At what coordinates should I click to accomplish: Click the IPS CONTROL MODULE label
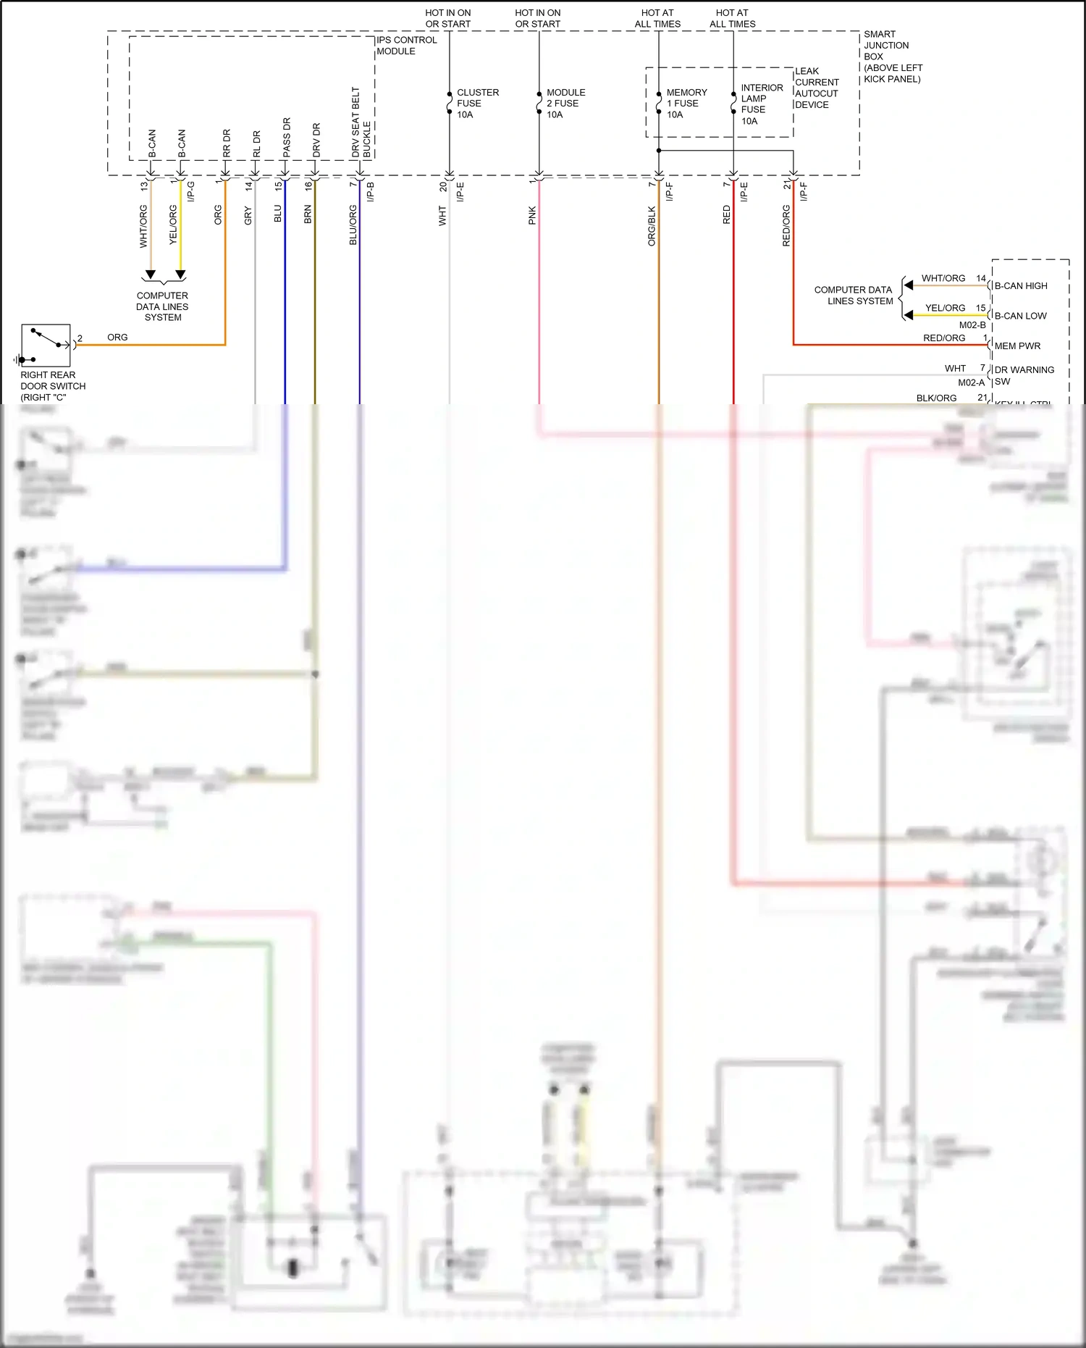coord(406,46)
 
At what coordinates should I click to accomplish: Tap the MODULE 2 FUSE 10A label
coord(565,104)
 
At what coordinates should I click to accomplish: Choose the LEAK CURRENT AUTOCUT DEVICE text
coord(816,88)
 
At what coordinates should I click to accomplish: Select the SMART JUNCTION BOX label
coord(892,56)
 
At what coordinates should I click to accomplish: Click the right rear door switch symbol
coord(46,346)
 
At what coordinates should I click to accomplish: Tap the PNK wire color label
coord(532,215)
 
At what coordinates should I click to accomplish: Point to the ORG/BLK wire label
coord(652,226)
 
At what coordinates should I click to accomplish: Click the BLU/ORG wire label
coord(353,225)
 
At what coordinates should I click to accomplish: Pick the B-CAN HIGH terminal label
coord(1020,286)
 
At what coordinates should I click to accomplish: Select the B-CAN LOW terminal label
coord(1020,316)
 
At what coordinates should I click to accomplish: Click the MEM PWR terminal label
coord(1016,346)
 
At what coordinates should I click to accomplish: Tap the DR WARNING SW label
coord(1024,375)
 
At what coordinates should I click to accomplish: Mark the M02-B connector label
coord(972,325)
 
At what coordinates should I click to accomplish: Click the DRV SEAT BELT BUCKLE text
coord(361,123)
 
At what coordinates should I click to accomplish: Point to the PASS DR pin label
coord(287,138)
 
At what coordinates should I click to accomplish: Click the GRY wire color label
coord(248,215)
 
